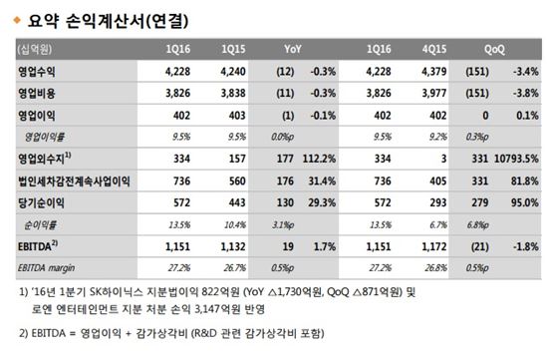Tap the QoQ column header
493,48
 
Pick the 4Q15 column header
431,48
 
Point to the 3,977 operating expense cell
431,91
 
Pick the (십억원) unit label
35,48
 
